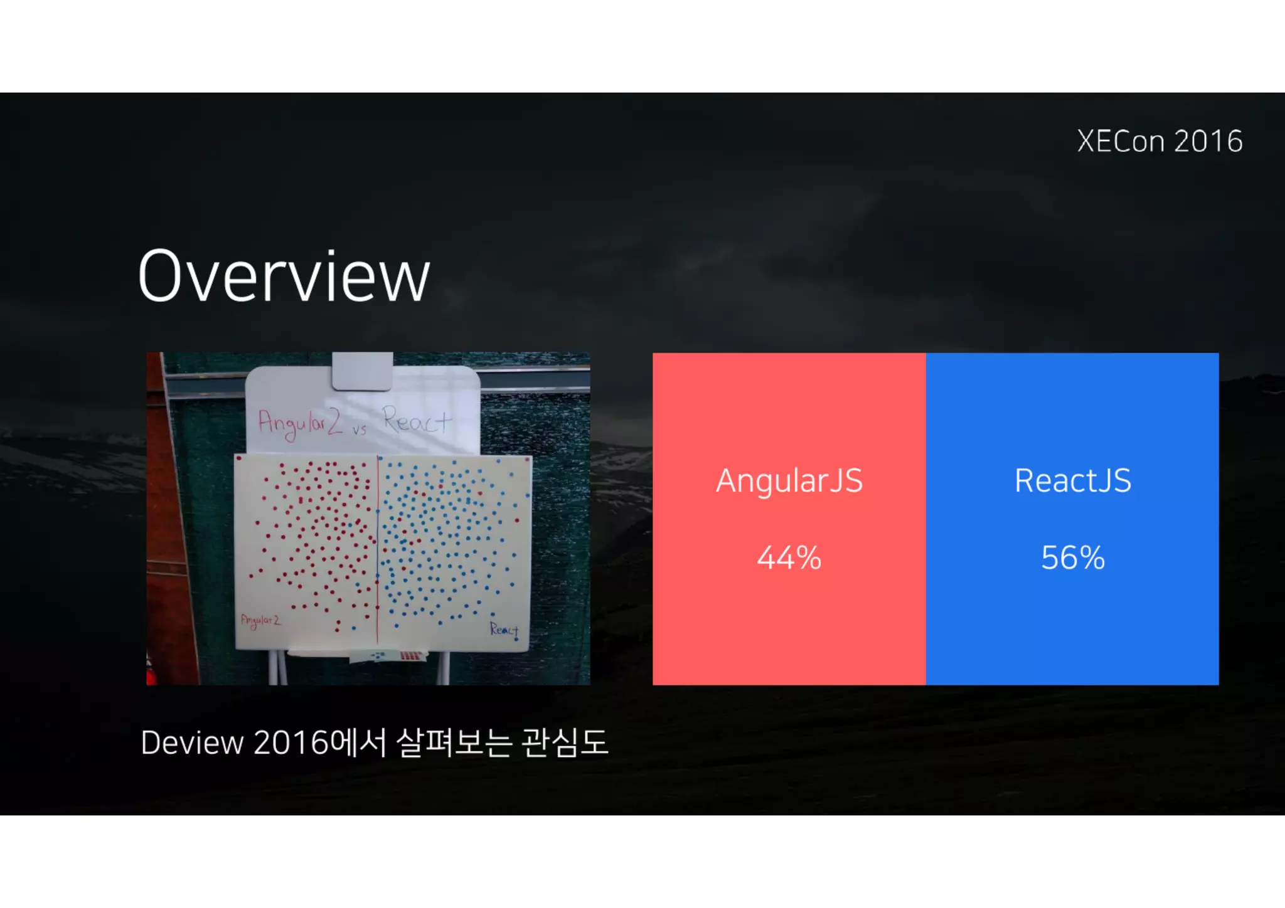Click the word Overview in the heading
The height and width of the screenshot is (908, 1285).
(x=284, y=277)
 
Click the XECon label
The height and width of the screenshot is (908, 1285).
(x=1121, y=142)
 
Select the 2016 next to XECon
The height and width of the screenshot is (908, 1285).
(x=1208, y=142)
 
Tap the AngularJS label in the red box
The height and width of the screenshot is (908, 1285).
(x=789, y=481)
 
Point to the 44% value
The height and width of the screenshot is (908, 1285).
(x=789, y=557)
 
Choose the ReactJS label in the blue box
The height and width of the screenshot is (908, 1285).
(x=1073, y=481)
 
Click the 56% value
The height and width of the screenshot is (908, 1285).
(x=1073, y=557)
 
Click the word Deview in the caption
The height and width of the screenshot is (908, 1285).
(x=192, y=743)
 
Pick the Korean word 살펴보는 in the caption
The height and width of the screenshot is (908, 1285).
(x=454, y=743)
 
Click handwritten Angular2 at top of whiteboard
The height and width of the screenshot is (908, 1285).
(x=300, y=423)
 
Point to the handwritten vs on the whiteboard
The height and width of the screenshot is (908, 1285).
(x=359, y=430)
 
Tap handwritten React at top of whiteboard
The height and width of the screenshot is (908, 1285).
(x=417, y=420)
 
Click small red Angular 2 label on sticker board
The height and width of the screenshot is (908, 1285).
(x=260, y=621)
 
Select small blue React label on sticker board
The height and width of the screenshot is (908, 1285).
(x=504, y=629)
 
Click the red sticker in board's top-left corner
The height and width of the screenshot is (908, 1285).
(x=239, y=460)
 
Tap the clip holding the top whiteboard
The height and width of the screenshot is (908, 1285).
(x=362, y=371)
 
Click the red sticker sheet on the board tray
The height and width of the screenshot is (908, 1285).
(x=411, y=656)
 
